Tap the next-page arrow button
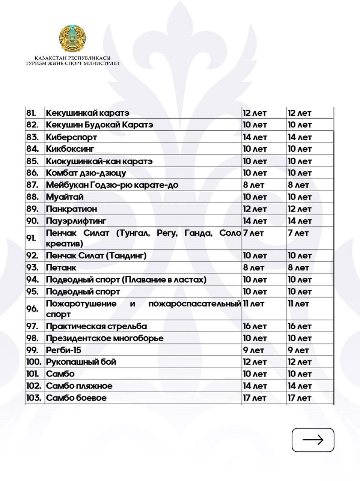(313, 440)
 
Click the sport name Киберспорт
(71, 137)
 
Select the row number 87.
(33, 185)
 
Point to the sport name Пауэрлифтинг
(76, 221)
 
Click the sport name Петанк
(61, 268)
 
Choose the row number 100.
(34, 362)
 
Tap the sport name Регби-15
(63, 350)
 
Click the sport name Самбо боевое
(76, 398)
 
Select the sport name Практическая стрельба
(96, 326)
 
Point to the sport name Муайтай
(65, 197)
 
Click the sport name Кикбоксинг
(70, 149)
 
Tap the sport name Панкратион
(71, 209)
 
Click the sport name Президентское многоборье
(105, 338)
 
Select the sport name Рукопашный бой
(81, 362)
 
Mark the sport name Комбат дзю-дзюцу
(86, 173)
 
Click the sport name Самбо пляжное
(79, 386)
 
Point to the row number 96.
(33, 309)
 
